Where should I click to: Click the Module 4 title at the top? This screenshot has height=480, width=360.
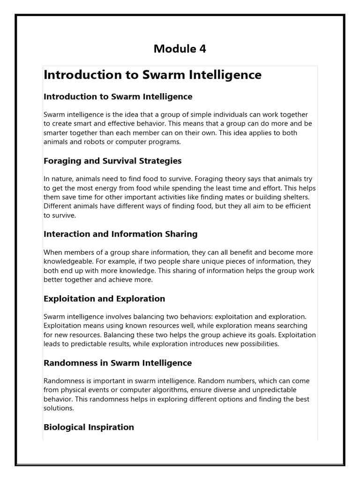[180, 49]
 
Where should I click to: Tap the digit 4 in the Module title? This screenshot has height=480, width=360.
[202, 49]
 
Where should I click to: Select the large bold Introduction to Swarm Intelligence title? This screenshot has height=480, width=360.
[152, 75]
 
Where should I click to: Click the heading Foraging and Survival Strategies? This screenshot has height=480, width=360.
[112, 161]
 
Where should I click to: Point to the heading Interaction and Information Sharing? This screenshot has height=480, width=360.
[120, 233]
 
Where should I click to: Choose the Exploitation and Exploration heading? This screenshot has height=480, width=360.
[104, 299]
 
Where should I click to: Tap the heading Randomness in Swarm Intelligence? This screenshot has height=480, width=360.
[118, 363]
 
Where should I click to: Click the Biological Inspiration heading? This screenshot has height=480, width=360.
[89, 427]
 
